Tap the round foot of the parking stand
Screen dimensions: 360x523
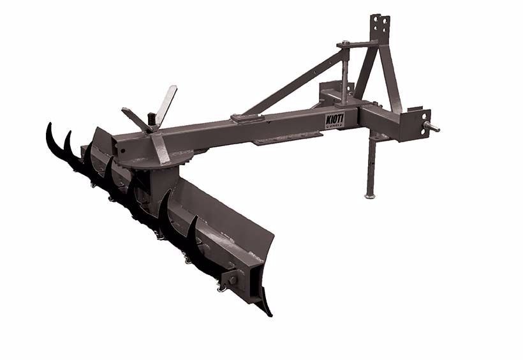370,196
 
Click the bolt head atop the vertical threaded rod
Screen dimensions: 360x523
344,43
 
